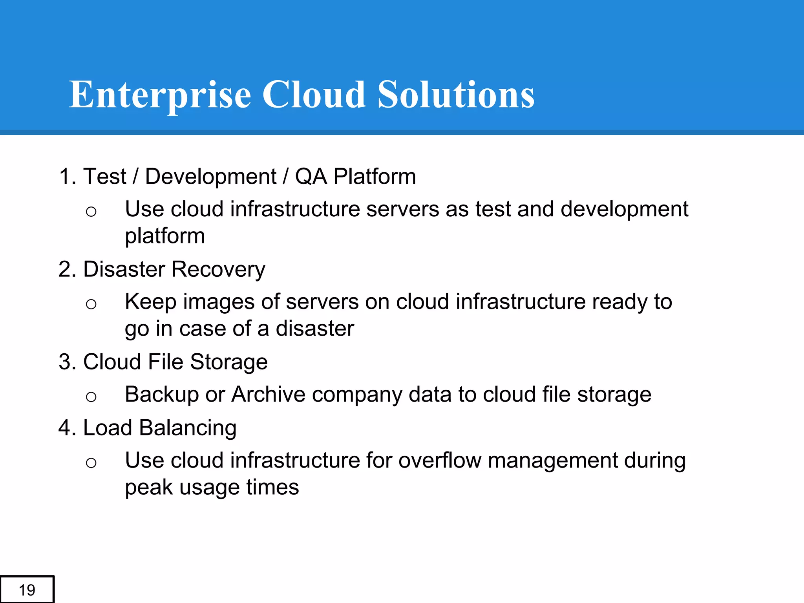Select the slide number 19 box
click(27, 590)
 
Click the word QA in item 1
click(311, 176)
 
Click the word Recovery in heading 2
click(218, 269)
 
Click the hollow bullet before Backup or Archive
click(91, 397)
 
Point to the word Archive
click(268, 394)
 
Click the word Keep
click(150, 302)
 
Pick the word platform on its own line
click(165, 236)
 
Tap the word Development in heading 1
click(210, 176)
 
